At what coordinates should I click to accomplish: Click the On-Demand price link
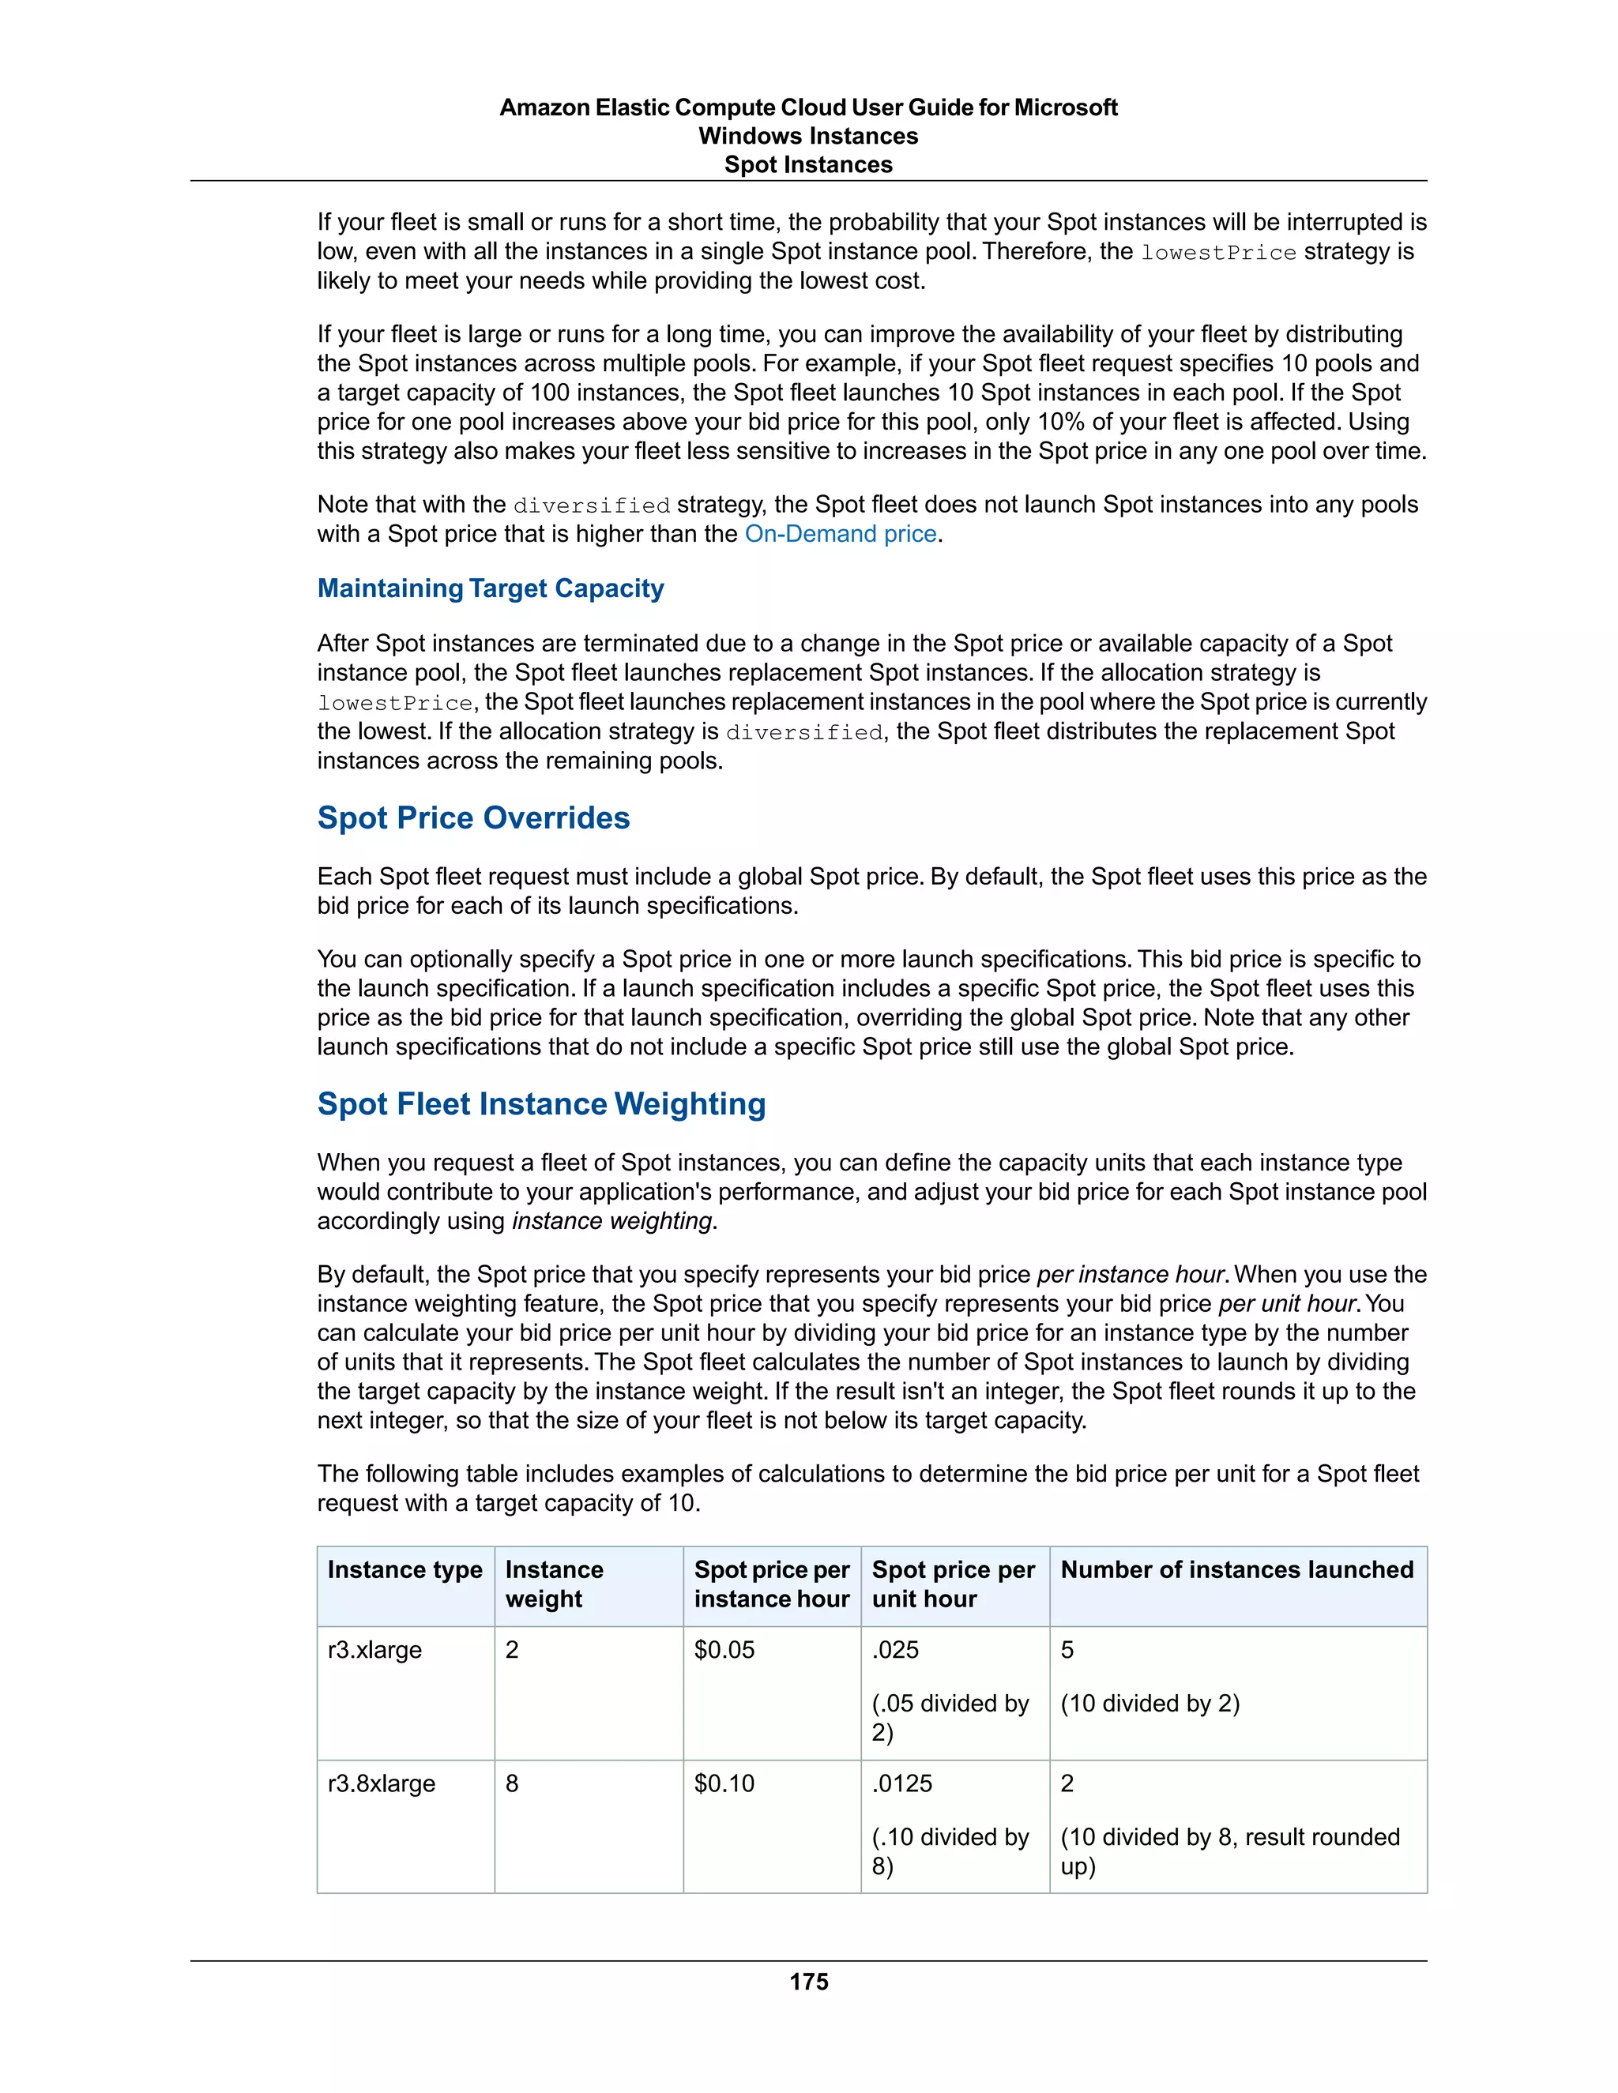(x=840, y=534)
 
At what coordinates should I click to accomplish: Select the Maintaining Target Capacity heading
(x=490, y=588)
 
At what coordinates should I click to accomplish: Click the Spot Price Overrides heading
(x=472, y=817)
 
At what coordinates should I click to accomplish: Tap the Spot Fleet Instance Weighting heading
(x=540, y=1104)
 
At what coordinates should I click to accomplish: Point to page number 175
(x=808, y=1982)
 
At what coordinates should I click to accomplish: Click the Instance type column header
(x=404, y=1570)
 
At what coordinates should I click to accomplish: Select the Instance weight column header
(x=554, y=1584)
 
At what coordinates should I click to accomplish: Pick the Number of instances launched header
(x=1236, y=1570)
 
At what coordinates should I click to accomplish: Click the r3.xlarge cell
(x=374, y=1650)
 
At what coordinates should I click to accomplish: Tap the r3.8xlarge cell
(x=381, y=1783)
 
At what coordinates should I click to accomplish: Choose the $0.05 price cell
(x=724, y=1650)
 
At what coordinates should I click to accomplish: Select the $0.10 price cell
(x=724, y=1783)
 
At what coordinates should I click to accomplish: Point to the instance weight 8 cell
(x=512, y=1783)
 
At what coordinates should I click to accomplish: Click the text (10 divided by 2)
(x=1150, y=1704)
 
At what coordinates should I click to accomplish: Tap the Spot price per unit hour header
(x=953, y=1584)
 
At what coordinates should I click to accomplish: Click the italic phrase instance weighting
(x=611, y=1221)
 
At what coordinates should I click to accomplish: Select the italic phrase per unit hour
(x=1287, y=1304)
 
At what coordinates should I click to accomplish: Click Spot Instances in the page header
(x=808, y=165)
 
